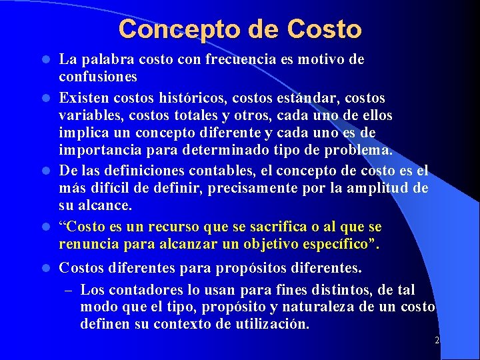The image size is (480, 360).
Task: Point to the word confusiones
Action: [98, 77]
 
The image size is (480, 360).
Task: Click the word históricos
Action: [195, 99]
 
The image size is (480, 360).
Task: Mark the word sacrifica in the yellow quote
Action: [248, 227]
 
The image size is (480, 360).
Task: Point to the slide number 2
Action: [437, 340]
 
